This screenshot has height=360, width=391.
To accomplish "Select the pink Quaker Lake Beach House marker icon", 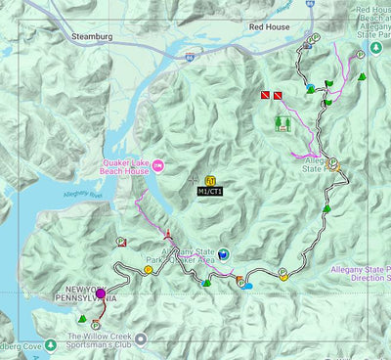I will [159, 163].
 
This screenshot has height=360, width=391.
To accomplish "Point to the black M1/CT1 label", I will [210, 191].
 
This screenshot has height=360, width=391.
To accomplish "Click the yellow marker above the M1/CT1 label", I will [210, 180].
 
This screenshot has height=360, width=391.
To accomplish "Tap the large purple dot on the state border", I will [101, 292].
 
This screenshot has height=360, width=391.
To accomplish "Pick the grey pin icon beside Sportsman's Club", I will [142, 338].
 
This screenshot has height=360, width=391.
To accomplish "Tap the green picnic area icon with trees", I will [282, 122].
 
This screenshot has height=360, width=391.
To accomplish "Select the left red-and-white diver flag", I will [264, 95].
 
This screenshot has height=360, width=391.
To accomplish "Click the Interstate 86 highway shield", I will [185, 58].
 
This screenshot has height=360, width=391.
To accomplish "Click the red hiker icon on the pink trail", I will [167, 235].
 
